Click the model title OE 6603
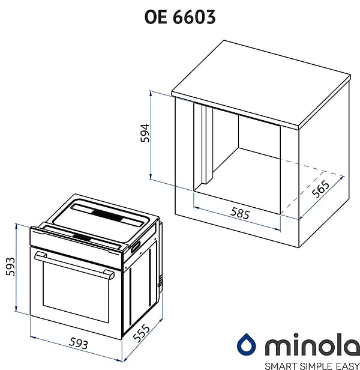pos(180,17)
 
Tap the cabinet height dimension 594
pos(145,133)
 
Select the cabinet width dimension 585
pos(240,213)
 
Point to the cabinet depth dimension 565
pos(320,189)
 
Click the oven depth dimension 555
pos(141,333)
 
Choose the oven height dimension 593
pos(10,267)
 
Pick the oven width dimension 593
pos(79,344)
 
